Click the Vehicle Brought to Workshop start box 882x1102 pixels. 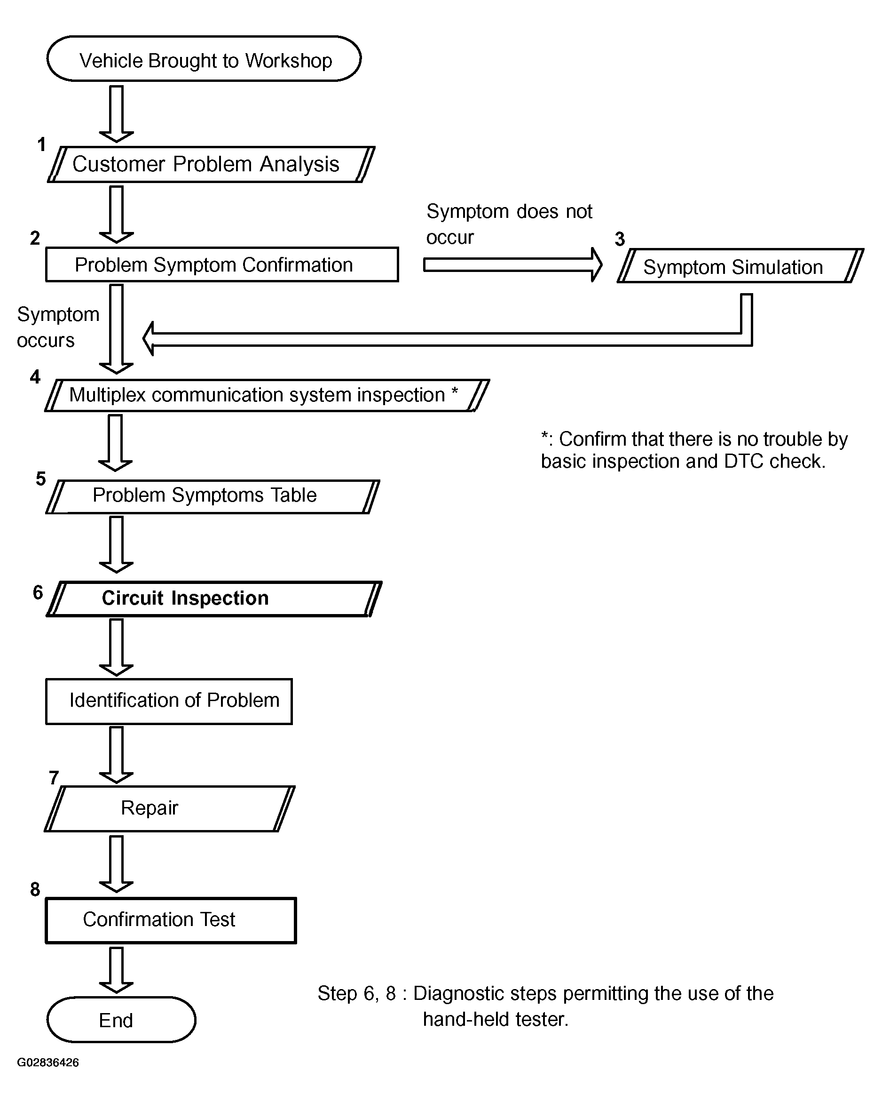(x=205, y=59)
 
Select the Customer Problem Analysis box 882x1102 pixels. (x=211, y=164)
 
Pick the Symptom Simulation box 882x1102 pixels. (x=740, y=266)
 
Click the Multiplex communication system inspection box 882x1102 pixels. (x=267, y=395)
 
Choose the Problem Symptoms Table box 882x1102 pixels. (x=213, y=496)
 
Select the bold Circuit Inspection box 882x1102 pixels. (x=214, y=599)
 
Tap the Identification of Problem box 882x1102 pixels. (x=169, y=701)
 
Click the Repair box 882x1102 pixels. (x=170, y=808)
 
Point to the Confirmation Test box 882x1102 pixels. (x=171, y=920)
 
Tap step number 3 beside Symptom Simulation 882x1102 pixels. (x=620, y=239)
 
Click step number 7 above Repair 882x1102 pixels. (x=54, y=777)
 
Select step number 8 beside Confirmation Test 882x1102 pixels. (x=35, y=889)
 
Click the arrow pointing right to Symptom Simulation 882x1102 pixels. (x=513, y=265)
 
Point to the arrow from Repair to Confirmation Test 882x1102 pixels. (x=117, y=864)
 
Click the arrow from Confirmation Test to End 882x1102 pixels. (x=117, y=970)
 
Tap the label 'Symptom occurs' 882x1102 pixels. (x=58, y=327)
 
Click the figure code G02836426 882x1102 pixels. (x=48, y=1062)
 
